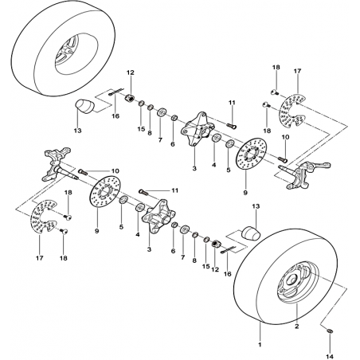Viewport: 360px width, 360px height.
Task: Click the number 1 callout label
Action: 260,345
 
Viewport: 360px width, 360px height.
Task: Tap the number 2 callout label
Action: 297,327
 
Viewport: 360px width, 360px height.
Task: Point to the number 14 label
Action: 331,357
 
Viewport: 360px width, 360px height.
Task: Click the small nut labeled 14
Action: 330,331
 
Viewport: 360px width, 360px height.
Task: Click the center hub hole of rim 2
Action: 292,280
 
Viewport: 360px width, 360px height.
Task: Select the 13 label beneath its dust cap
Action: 78,131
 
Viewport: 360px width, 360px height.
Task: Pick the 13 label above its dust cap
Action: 256,206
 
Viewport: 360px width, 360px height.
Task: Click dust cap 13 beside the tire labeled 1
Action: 251,233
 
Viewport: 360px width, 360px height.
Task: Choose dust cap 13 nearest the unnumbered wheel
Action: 85,107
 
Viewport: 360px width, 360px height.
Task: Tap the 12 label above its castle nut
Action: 131,72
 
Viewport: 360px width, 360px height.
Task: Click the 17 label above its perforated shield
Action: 297,71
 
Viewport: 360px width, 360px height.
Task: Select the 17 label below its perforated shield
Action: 40,257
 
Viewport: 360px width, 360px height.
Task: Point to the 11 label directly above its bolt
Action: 232,103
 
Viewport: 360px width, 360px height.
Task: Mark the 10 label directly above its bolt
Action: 286,137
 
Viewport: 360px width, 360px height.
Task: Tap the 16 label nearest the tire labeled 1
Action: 228,274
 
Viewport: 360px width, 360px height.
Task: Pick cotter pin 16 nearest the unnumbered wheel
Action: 116,92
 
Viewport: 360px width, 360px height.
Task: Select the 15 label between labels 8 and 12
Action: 206,266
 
